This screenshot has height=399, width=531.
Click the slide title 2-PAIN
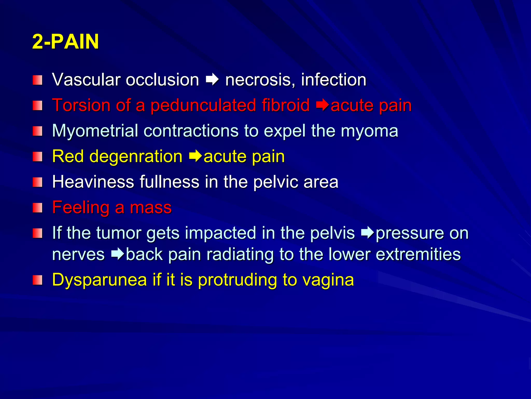coord(65,42)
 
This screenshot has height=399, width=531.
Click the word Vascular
coord(86,79)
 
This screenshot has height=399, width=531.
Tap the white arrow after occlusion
coord(212,80)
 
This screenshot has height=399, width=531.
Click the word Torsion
coord(81,105)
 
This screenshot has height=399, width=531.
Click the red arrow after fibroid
coord(323,105)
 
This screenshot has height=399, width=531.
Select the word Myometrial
coord(95,131)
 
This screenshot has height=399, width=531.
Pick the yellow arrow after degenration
coord(195,156)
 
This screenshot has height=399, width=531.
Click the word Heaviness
coord(93,182)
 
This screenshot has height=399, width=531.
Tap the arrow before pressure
coord(368,233)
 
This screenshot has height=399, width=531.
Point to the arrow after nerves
coord(118,254)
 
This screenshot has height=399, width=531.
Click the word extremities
coord(418,254)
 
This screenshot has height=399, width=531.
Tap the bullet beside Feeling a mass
coord(37,208)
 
